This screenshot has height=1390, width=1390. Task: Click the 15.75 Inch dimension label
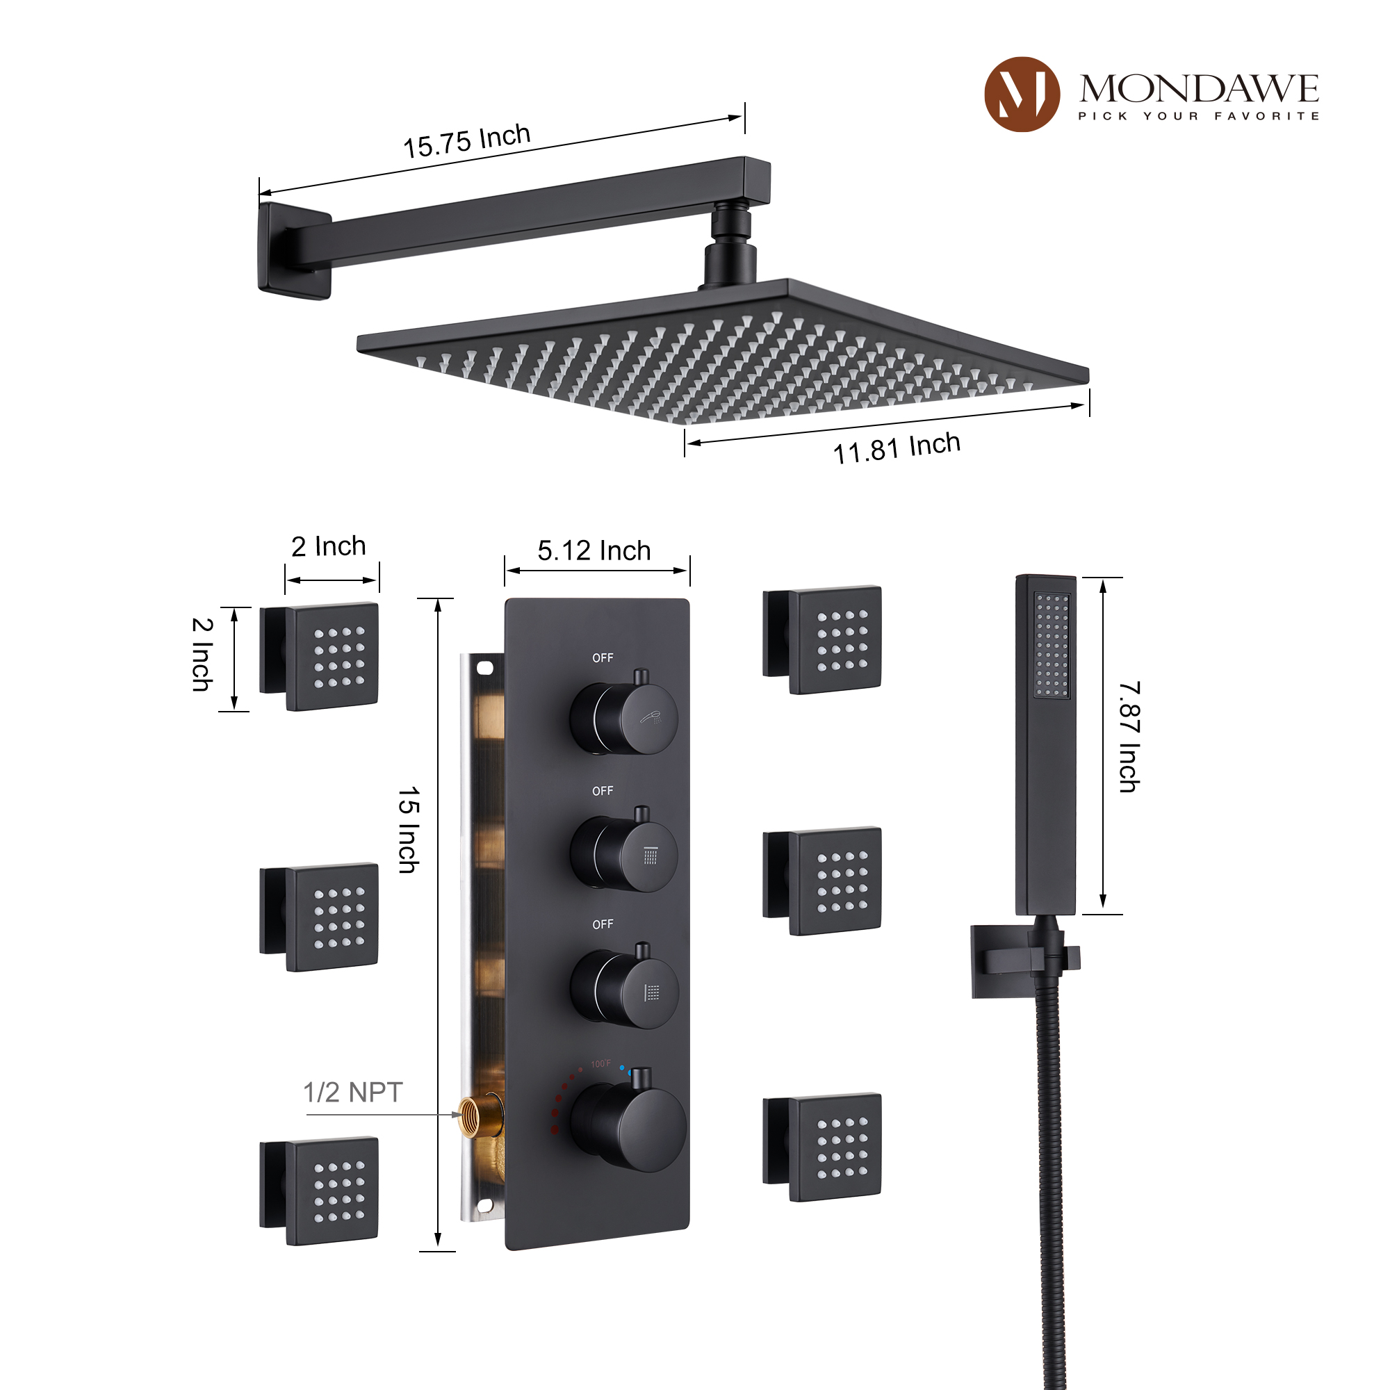click(x=466, y=140)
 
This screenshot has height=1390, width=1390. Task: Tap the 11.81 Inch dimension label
click(x=897, y=448)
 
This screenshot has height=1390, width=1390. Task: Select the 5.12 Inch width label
click(x=594, y=551)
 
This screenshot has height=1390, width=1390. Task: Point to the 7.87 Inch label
click(x=1129, y=737)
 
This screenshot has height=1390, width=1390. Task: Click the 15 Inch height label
click(x=408, y=830)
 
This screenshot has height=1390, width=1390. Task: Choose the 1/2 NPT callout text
click(x=352, y=1092)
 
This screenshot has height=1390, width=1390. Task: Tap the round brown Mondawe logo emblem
click(x=1022, y=95)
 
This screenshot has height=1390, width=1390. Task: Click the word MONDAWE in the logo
click(x=1199, y=89)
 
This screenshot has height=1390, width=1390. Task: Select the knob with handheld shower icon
click(x=625, y=718)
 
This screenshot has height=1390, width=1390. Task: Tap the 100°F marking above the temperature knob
click(x=600, y=1063)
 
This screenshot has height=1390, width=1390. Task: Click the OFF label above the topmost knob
click(x=603, y=657)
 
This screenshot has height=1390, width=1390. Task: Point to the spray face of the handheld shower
click(x=1051, y=646)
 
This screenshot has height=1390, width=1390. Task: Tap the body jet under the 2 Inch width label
click(x=331, y=656)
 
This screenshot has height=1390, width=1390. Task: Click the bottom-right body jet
click(x=835, y=1148)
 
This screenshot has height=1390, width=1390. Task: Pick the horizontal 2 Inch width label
click(x=329, y=546)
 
